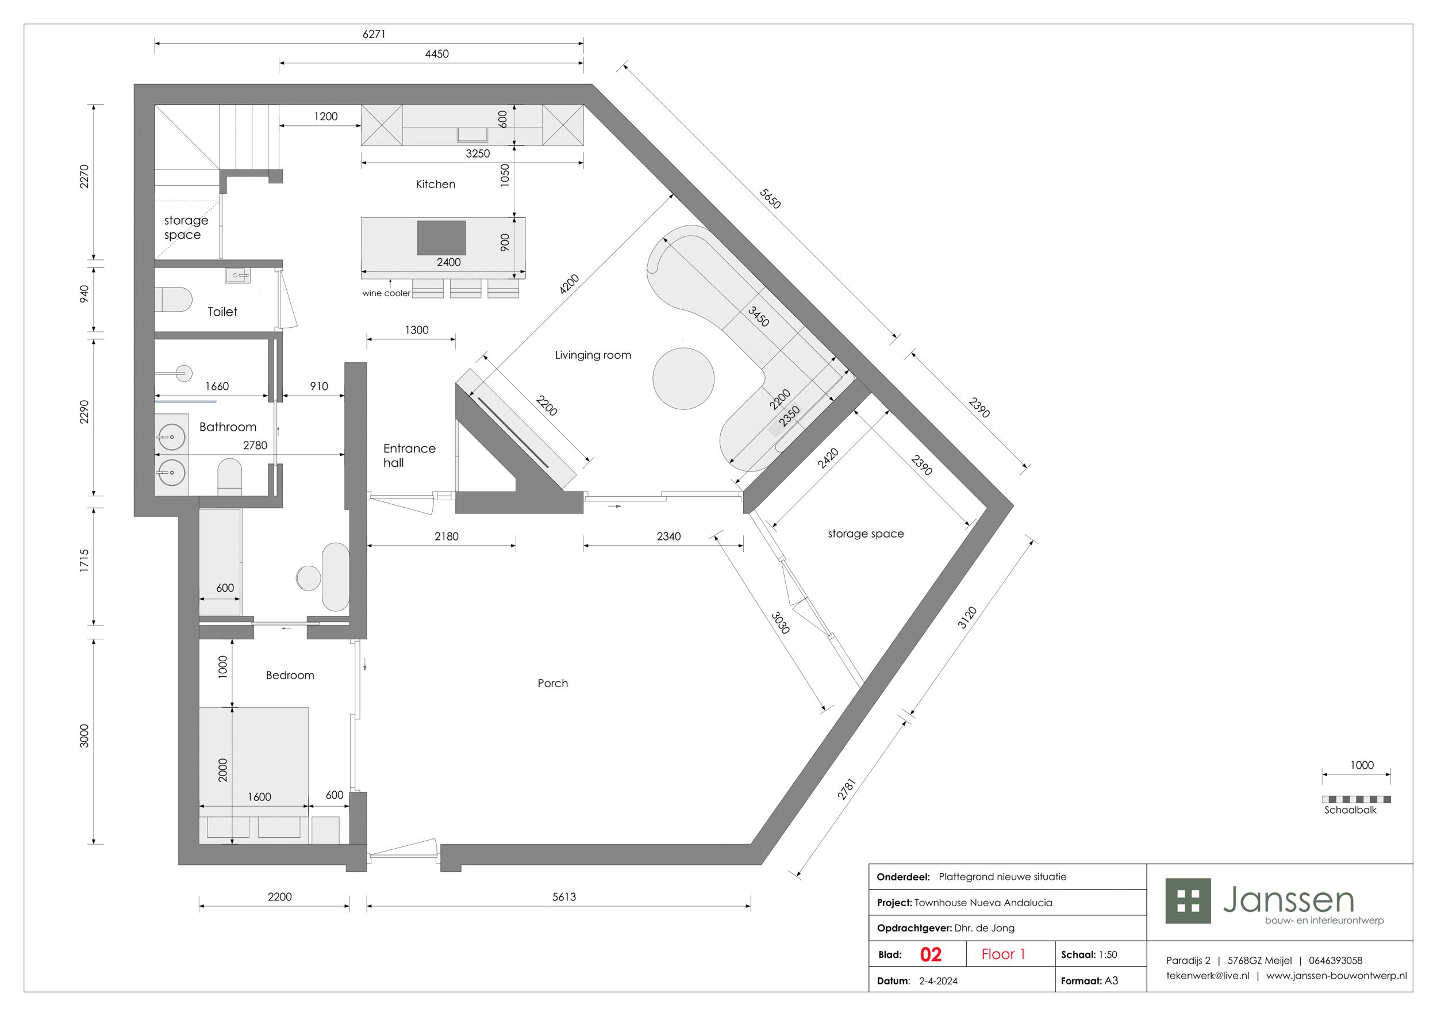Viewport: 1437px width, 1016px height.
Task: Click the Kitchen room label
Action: coord(436,184)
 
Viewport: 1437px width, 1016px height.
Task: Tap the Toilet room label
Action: coord(222,312)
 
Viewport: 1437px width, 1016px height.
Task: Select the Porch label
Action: coord(552,684)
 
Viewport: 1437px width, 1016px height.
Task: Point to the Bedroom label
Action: coord(290,676)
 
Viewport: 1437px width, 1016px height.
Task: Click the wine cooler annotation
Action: coord(386,293)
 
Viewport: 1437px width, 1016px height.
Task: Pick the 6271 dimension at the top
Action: coord(374,34)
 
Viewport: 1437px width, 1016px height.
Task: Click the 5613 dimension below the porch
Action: coord(564,897)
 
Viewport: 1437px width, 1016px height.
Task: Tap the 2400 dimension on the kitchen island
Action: coord(449,262)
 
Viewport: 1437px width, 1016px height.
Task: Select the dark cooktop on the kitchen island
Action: coord(441,238)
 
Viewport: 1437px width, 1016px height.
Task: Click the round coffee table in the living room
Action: coord(683,379)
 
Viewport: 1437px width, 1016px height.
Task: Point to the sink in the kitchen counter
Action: coord(472,135)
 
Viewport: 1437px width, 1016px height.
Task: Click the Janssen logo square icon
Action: coord(1188,901)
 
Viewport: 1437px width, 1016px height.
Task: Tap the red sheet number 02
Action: coord(931,954)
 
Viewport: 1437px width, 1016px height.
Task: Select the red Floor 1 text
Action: coord(1003,954)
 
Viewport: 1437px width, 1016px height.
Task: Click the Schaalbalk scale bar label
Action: coord(1351,810)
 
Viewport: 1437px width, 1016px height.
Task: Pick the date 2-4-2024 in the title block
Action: coord(938,981)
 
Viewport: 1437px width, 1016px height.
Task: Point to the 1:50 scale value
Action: coord(1108,954)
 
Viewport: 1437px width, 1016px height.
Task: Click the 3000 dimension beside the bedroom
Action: coord(84,736)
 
